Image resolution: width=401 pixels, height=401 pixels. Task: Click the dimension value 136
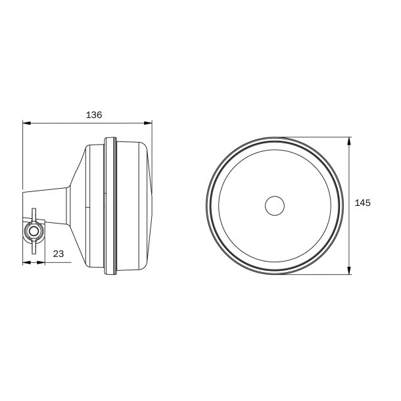94,114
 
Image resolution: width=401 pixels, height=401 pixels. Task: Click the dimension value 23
57,252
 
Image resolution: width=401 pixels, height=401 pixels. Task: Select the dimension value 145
362,204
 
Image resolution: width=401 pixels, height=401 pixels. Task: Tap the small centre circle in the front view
275,206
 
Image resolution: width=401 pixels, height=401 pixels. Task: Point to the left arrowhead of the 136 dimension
26,122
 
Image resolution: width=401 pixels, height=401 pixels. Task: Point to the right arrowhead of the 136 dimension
149,122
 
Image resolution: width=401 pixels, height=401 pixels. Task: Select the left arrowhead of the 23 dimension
26,262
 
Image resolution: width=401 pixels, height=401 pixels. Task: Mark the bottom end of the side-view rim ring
110,273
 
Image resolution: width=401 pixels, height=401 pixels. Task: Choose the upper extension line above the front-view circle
316,137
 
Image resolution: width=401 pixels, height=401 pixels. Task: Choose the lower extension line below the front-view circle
316,274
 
